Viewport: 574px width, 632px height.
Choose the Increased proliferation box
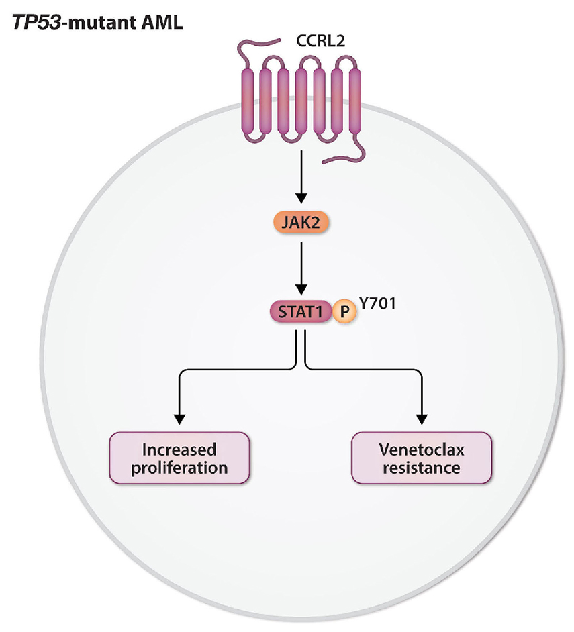pyautogui.click(x=179, y=458)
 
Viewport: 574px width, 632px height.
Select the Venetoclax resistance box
pyautogui.click(x=422, y=458)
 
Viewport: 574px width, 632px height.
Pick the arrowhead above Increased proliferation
pyautogui.click(x=179, y=417)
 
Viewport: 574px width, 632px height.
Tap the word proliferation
pyautogui.click(x=179, y=467)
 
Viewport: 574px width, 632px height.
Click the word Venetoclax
pyautogui.click(x=422, y=448)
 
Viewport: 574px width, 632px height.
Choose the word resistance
pyautogui.click(x=422, y=467)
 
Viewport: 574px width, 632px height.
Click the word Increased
pyautogui.click(x=179, y=448)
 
